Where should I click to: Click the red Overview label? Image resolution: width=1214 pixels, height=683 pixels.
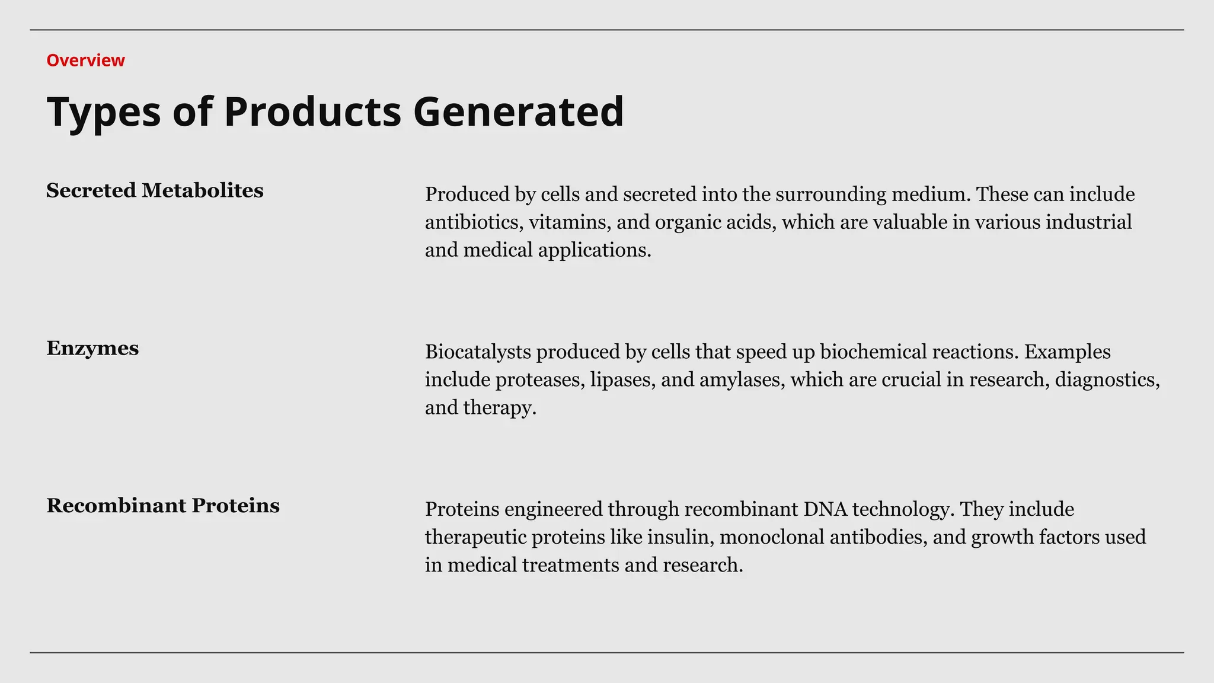pyautogui.click(x=85, y=60)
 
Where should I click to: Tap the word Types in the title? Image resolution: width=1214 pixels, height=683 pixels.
pyautogui.click(x=103, y=111)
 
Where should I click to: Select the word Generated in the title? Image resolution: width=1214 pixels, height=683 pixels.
pyautogui.click(x=518, y=111)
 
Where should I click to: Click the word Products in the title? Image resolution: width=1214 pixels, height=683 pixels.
pyautogui.click(x=312, y=111)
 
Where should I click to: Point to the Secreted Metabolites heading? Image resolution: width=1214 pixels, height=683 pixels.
pyautogui.click(x=155, y=190)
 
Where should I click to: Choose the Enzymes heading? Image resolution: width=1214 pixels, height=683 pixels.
pyautogui.click(x=92, y=348)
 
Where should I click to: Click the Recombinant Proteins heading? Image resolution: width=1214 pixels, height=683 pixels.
pyautogui.click(x=163, y=506)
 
